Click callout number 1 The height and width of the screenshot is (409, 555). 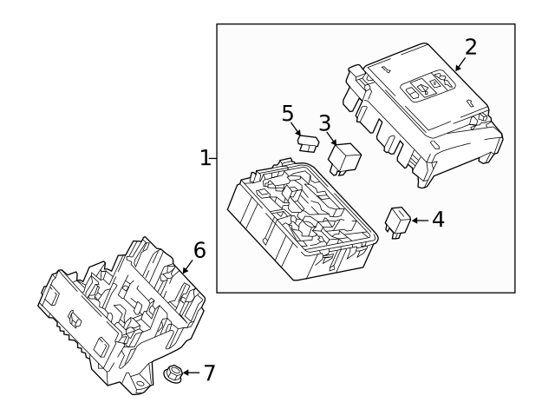205,158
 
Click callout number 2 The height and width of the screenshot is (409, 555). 470,47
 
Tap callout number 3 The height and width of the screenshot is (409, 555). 323,123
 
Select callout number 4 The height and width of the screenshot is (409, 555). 438,220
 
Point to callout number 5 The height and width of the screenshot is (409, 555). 288,113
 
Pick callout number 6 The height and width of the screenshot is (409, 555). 199,251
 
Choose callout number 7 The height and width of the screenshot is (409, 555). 208,373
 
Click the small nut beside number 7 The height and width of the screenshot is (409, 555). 172,373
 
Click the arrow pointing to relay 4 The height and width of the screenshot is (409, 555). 420,221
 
